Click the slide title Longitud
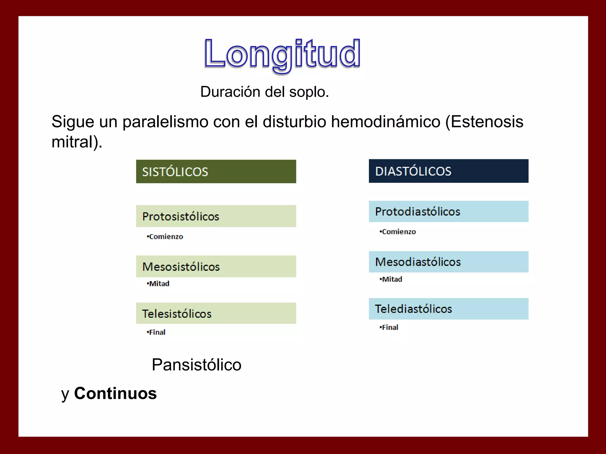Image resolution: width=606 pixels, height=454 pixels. click(x=282, y=54)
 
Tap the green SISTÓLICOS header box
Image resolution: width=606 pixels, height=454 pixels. click(x=216, y=172)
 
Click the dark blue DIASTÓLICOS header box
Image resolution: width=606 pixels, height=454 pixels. click(x=448, y=171)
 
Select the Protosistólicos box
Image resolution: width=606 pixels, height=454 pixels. click(x=216, y=216)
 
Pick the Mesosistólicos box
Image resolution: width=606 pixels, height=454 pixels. click(x=216, y=267)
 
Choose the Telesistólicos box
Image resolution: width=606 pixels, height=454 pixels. click(x=216, y=313)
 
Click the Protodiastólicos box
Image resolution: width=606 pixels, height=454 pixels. click(x=448, y=212)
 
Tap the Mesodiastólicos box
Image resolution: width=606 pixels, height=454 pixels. click(x=448, y=262)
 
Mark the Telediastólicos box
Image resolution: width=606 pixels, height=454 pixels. click(x=448, y=309)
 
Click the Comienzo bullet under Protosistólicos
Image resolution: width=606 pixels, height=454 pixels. click(x=165, y=237)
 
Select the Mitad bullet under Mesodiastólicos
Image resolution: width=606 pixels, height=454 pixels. click(x=391, y=279)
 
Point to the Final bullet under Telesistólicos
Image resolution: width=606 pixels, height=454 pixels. click(x=157, y=332)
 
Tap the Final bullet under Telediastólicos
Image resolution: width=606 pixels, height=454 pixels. click(x=389, y=327)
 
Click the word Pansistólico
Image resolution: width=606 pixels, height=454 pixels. click(x=196, y=365)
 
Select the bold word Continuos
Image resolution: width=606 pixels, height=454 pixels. click(x=115, y=393)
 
